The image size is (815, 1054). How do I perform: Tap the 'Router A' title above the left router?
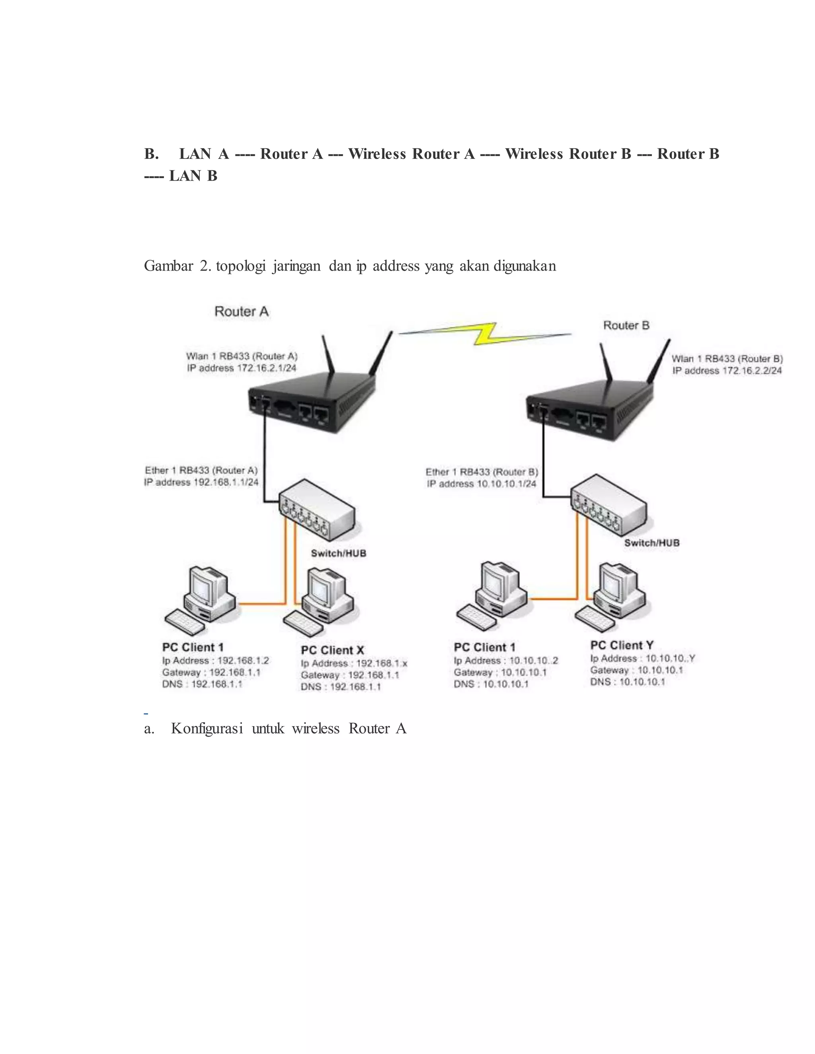tap(242, 312)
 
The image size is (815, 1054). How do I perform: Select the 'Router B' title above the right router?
tap(626, 326)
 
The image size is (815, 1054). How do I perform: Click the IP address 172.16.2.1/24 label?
tap(242, 368)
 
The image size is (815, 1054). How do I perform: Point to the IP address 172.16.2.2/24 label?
tap(727, 371)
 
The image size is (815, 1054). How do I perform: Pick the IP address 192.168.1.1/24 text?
tap(201, 482)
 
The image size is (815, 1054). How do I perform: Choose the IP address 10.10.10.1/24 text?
tap(482, 484)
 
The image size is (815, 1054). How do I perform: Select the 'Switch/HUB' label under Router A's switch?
tap(339, 553)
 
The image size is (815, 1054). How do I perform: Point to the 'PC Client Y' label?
tap(621, 645)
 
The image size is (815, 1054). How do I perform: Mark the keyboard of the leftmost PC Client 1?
tap(185, 622)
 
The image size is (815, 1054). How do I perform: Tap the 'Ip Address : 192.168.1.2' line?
tap(215, 661)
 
